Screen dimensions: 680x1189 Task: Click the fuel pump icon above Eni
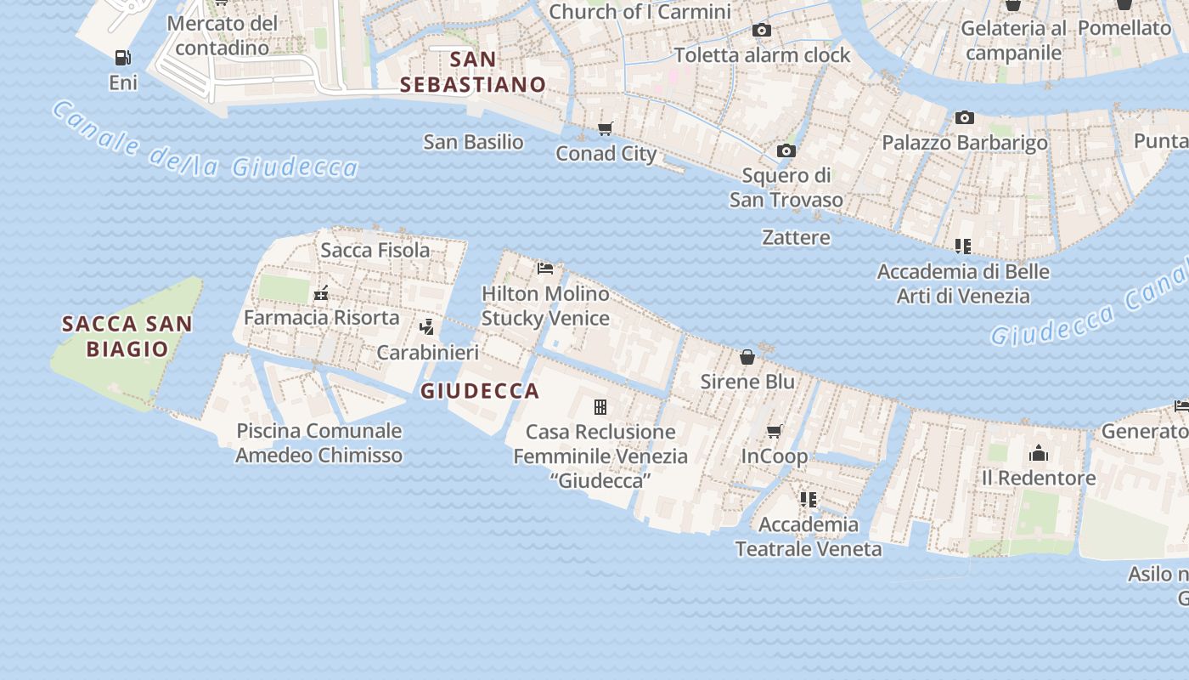[x=123, y=58]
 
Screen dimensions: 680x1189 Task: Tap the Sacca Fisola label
[x=375, y=250]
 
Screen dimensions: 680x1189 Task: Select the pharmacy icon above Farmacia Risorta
[x=321, y=294]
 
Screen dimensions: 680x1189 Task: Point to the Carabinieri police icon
[x=427, y=327]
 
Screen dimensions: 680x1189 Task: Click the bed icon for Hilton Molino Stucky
[x=545, y=269]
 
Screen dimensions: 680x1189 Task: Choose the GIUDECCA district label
[x=480, y=391]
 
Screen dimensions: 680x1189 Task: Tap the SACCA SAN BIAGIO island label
[x=127, y=336]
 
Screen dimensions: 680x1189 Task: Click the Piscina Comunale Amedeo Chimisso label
[x=318, y=443]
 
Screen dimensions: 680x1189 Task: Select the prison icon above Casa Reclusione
[x=600, y=407]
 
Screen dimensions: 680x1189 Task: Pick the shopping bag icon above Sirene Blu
[x=747, y=357]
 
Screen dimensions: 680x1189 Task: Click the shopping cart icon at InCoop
[x=775, y=432]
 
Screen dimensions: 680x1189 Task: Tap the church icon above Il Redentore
[x=1039, y=453]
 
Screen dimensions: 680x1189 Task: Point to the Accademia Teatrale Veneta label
[x=809, y=536]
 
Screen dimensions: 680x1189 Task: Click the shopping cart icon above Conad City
[x=606, y=129]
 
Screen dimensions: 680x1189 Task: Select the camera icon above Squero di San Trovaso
[x=786, y=151]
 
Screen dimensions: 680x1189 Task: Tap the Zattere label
[x=796, y=237]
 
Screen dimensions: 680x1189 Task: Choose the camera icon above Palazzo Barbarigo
[x=965, y=118]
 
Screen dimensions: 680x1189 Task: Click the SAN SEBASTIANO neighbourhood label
[x=473, y=72]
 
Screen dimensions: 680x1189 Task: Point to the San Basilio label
[x=473, y=142]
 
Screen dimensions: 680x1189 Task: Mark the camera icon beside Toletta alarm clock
[x=762, y=31]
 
